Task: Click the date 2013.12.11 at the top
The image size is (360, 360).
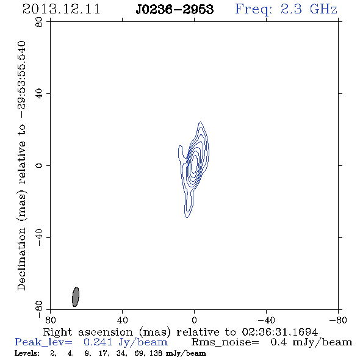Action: pos(61,9)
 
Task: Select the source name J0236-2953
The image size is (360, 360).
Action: pos(175,10)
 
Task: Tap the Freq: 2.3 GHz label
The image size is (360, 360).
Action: pos(286,9)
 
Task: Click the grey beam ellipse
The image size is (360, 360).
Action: pos(76,297)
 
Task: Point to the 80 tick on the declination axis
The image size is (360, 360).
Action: pos(39,22)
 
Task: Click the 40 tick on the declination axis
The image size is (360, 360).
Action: pos(39,94)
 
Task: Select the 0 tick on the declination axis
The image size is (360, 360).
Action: pos(39,165)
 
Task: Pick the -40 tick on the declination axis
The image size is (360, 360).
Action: pos(39,237)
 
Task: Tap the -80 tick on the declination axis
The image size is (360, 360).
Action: pos(39,309)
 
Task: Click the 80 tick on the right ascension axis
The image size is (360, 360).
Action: pos(50,320)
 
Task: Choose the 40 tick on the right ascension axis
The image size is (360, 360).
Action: pos(122,320)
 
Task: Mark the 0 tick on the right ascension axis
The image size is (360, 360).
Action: pos(194,320)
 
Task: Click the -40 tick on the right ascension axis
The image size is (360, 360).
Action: pos(266,320)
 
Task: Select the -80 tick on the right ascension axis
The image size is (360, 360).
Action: pos(338,320)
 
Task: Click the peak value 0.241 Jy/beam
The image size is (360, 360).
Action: pos(125,342)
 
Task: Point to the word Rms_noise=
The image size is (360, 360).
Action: pos(225,342)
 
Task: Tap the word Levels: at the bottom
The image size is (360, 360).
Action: pos(27,353)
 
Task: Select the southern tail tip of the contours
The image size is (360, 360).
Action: pos(187,217)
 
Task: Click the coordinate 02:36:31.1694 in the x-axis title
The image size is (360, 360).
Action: pos(280,332)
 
